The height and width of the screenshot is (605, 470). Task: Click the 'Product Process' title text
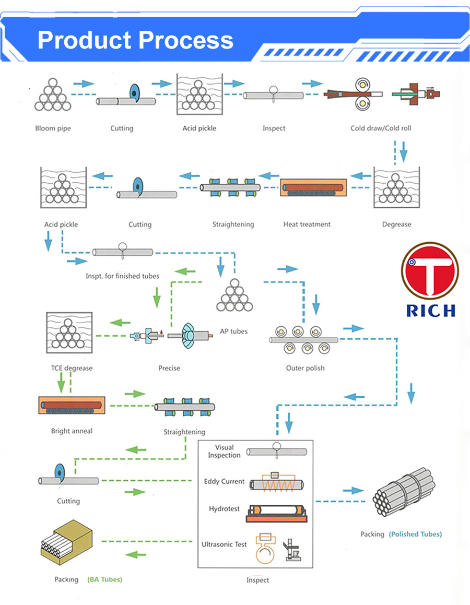click(135, 40)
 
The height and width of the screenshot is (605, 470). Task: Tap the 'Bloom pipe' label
click(53, 128)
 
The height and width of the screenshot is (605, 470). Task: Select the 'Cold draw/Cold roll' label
click(381, 128)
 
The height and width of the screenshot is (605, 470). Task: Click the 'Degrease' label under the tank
click(396, 224)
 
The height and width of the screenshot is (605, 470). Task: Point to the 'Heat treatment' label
click(307, 224)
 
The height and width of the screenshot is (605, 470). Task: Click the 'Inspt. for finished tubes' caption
click(122, 276)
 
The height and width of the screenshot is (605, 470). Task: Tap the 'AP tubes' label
click(233, 331)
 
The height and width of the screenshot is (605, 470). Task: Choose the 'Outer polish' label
click(305, 369)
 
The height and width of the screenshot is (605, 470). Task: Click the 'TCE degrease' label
click(72, 369)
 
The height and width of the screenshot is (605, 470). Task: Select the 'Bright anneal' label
click(72, 431)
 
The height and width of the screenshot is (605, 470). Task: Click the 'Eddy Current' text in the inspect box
click(224, 482)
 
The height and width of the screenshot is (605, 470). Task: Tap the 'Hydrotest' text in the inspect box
click(224, 509)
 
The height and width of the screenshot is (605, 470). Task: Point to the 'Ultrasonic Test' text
click(224, 545)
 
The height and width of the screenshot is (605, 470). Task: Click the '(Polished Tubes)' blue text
click(415, 535)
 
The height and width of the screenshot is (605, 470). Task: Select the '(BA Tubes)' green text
click(104, 579)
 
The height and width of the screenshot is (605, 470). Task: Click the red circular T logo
click(430, 271)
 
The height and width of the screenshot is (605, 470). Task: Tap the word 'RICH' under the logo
click(430, 310)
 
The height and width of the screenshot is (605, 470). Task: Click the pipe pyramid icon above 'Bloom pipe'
click(52, 95)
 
